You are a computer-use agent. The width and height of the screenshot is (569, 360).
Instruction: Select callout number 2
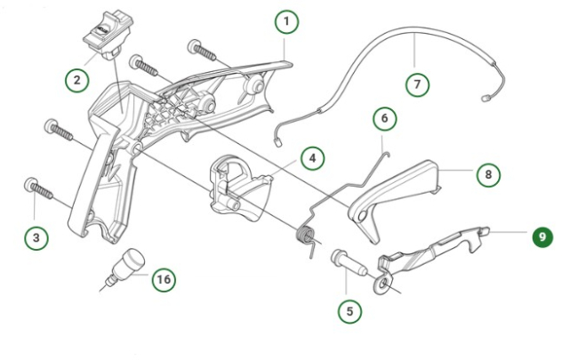pos(77,80)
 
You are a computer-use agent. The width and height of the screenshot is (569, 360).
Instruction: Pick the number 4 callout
pos(311,159)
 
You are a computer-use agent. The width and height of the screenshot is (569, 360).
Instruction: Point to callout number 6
pos(385,118)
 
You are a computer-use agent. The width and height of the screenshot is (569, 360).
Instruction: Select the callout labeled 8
pos(486,174)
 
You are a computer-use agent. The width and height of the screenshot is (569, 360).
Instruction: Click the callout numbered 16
pos(162,279)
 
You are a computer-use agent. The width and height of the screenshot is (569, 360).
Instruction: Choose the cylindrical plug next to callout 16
pos(128,265)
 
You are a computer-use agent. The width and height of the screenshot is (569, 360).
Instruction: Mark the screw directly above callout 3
pos(37,189)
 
